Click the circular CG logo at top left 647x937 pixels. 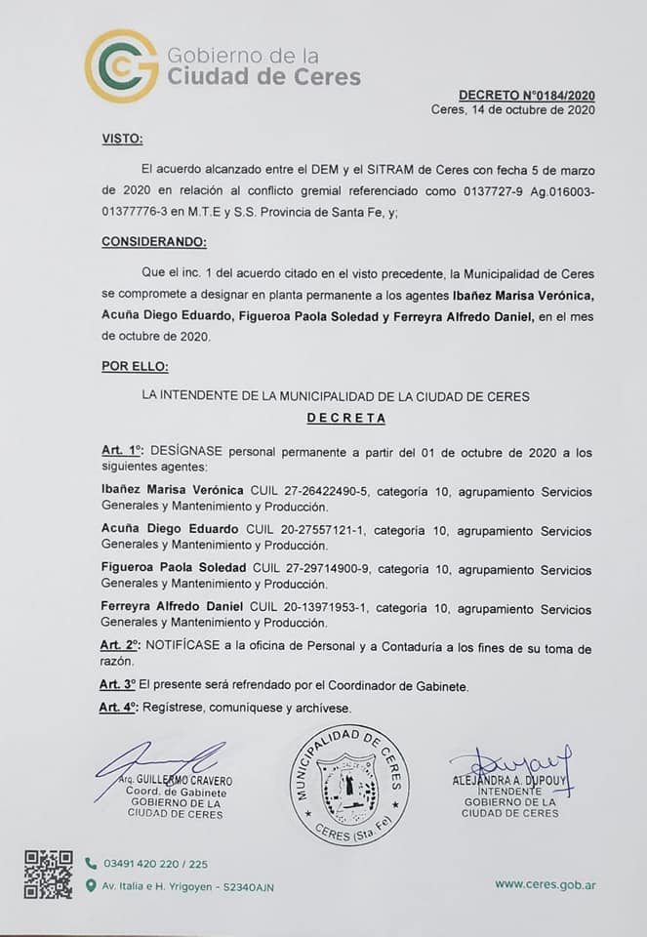click(121, 65)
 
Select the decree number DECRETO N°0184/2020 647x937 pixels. click(527, 95)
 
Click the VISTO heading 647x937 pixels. click(122, 139)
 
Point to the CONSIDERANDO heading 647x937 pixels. click(154, 241)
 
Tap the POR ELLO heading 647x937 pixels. click(135, 367)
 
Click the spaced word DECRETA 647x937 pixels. click(346, 418)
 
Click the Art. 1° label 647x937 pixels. click(122, 452)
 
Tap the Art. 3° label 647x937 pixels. click(119, 686)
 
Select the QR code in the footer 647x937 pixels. click(48, 874)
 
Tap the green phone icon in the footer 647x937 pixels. click(91, 863)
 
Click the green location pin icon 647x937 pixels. click(91, 885)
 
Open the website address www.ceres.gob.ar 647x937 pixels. click(546, 883)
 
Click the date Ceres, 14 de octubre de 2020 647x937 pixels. click(512, 110)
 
